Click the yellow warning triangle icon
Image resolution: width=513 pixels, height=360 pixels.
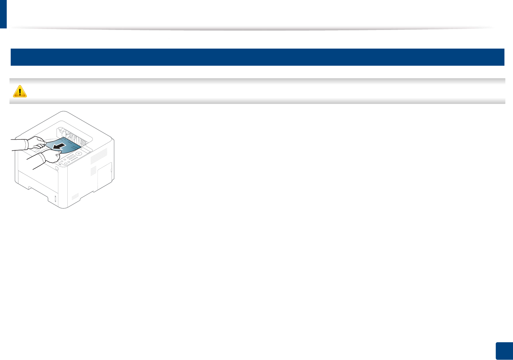point(20,91)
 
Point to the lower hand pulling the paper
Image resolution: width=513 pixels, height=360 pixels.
point(50,156)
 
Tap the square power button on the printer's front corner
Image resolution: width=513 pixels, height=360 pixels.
point(57,168)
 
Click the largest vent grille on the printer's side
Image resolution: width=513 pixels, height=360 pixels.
point(98,155)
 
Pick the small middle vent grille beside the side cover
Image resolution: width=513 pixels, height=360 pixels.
point(93,171)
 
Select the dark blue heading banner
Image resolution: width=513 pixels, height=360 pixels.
point(257,57)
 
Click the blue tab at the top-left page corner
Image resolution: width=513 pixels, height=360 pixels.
point(3,14)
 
